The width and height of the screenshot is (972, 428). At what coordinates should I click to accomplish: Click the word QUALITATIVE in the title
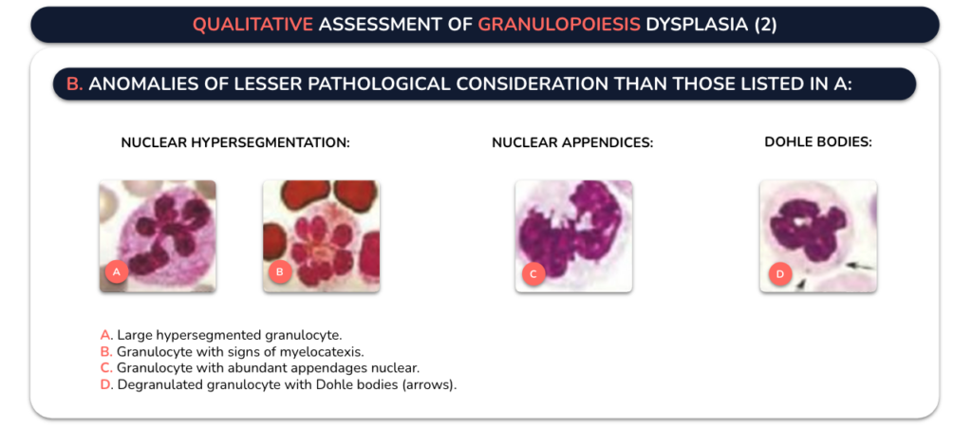coord(252,25)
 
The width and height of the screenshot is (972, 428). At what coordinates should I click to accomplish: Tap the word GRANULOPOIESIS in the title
coord(559,25)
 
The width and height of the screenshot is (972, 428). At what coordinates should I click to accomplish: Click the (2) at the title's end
coord(765,25)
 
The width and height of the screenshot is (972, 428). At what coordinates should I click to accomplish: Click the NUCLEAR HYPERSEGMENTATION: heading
coord(235,142)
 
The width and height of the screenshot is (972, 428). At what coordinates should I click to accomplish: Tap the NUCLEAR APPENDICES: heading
coord(572,142)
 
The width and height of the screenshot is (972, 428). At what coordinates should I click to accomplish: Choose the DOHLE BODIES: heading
coord(818,141)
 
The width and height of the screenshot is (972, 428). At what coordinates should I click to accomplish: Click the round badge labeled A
coord(117,270)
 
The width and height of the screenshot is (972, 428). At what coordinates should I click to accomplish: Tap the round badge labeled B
coord(280,271)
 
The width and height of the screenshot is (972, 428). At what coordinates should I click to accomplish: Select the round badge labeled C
coord(533,273)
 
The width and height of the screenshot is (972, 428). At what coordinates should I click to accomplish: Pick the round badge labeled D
coord(780,273)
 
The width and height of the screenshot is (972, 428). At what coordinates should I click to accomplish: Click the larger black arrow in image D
coord(858,265)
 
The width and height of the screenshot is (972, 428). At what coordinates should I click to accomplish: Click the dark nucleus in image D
coord(808,231)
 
